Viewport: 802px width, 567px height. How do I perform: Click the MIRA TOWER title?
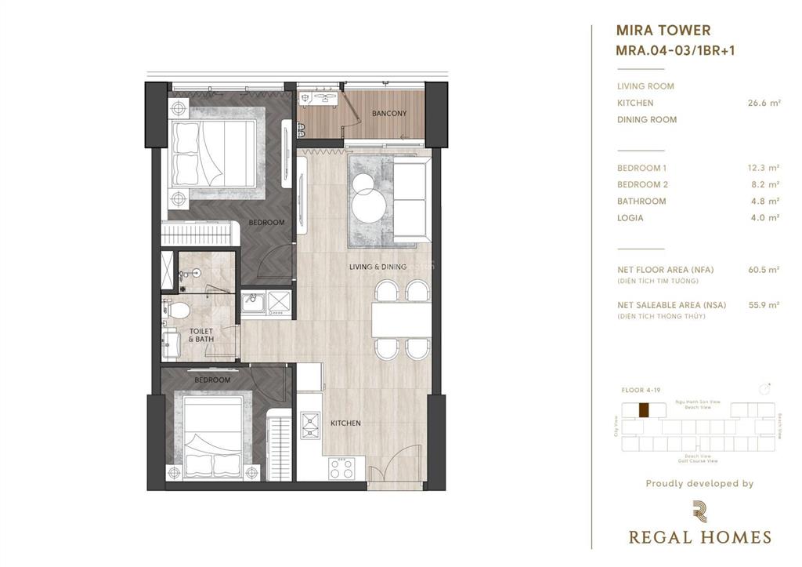pos(663,31)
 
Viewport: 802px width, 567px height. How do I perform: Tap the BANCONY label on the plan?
pos(389,114)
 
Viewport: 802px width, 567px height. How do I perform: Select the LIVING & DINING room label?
pos(378,267)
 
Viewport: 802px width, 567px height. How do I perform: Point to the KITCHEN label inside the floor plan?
pos(345,423)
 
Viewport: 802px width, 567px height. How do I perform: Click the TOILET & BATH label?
pos(201,336)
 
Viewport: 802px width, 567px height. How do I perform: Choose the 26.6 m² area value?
pos(764,103)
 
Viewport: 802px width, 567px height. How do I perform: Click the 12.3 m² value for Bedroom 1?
pos(764,168)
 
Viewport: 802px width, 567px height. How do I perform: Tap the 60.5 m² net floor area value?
pos(764,270)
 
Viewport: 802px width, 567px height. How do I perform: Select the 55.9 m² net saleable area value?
pos(764,305)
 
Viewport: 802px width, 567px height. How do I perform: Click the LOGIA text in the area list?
pos(630,218)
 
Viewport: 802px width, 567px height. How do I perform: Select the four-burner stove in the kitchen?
pos(341,469)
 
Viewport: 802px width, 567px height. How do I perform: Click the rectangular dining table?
pos(399,319)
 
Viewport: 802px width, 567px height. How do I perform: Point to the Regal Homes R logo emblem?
pos(699,511)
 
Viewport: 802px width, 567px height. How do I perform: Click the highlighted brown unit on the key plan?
pos(644,409)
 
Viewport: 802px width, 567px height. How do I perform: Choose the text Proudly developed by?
pos(699,484)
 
